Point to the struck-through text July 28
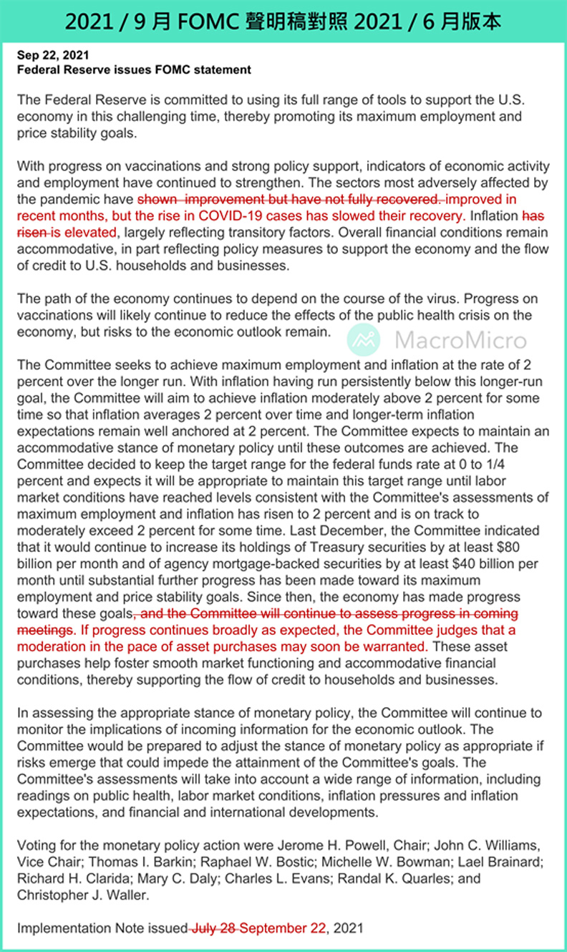[x=214, y=928]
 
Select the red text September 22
[x=283, y=928]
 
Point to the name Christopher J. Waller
[x=81, y=895]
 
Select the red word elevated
[x=92, y=233]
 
